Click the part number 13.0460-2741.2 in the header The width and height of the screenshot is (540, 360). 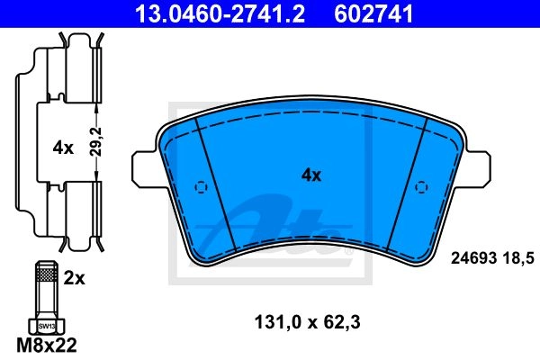pyautogui.click(x=220, y=14)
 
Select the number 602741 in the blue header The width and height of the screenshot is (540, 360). pyautogui.click(x=373, y=14)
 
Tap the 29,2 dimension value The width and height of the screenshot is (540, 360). pyautogui.click(x=97, y=142)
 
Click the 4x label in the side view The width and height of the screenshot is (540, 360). pyautogui.click(x=63, y=148)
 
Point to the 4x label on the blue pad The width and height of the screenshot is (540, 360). pyautogui.click(x=311, y=175)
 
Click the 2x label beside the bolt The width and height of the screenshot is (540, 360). pyautogui.click(x=74, y=278)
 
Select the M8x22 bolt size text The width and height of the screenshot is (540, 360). pyautogui.click(x=47, y=346)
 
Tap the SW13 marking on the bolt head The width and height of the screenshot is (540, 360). pyautogui.click(x=47, y=326)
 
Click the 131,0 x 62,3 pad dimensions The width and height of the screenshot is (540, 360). pyautogui.click(x=307, y=322)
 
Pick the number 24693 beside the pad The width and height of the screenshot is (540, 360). pyautogui.click(x=474, y=258)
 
